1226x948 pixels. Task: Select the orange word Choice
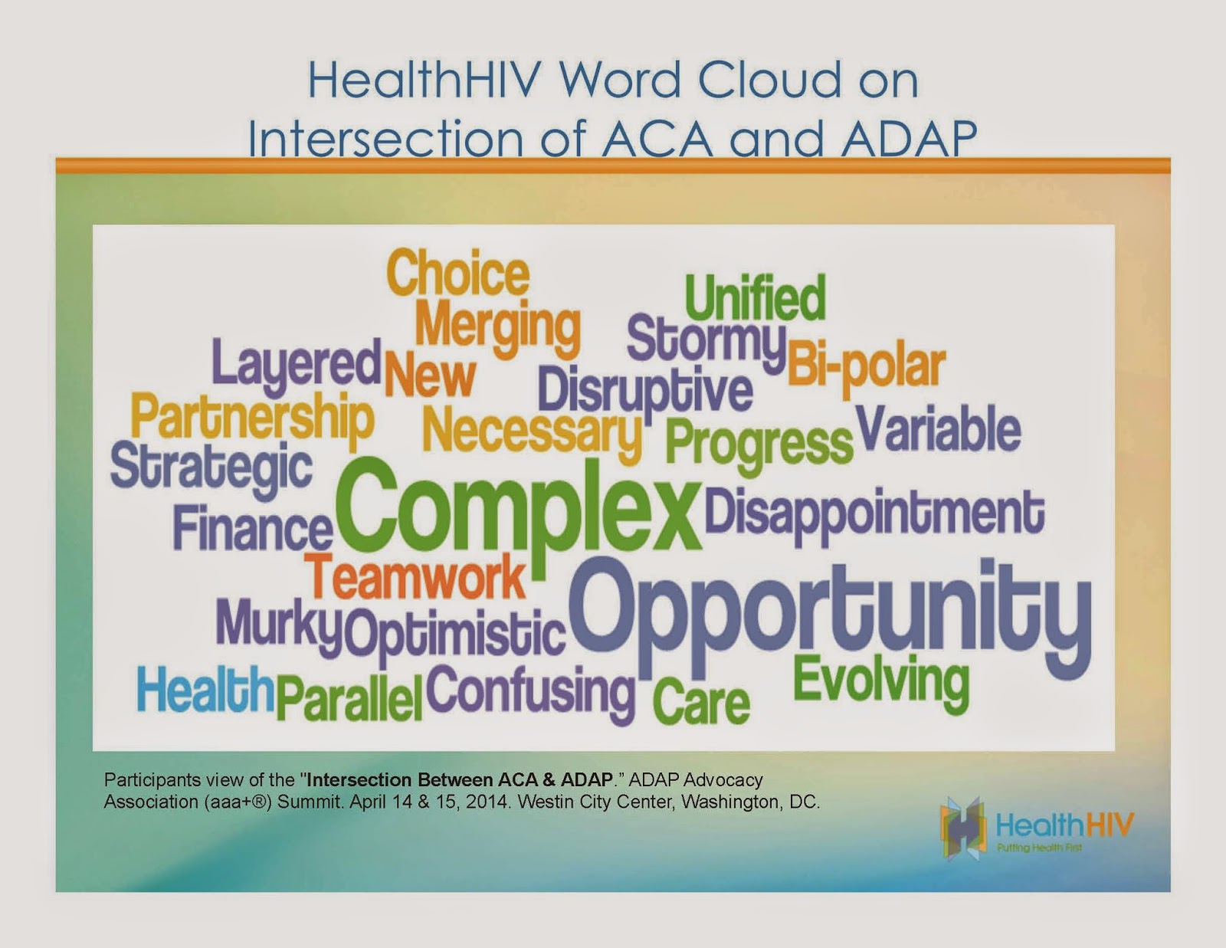457,274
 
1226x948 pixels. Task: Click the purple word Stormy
706,341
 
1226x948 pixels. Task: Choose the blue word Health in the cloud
205,689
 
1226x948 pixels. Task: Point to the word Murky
277,625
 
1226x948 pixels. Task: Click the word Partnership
252,418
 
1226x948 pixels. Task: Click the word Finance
252,529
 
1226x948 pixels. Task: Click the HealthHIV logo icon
962,827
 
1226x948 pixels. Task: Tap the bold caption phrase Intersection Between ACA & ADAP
459,780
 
